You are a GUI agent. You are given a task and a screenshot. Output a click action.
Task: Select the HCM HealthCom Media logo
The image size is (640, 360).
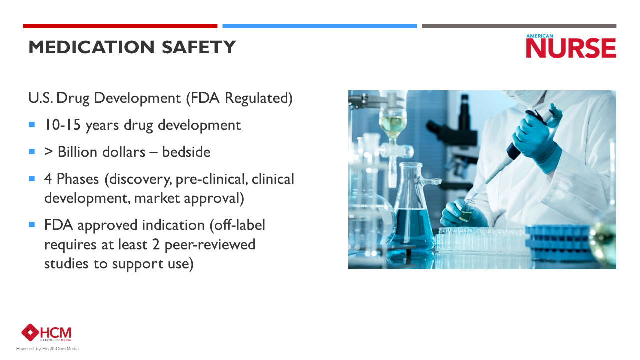pyautogui.click(x=46, y=333)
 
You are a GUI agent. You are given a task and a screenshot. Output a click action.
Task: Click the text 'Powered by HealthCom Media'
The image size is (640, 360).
pyautogui.click(x=47, y=349)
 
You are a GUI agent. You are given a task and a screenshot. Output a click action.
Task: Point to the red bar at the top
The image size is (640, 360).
pyautogui.click(x=120, y=26)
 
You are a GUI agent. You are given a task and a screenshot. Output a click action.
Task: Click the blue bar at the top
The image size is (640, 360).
pyautogui.click(x=319, y=26)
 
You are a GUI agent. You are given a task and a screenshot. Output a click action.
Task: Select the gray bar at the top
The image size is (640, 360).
pyautogui.click(x=519, y=26)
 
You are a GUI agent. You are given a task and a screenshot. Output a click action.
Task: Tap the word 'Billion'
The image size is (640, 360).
pyautogui.click(x=80, y=152)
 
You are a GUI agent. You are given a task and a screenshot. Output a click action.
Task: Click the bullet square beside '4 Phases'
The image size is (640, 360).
pyautogui.click(x=32, y=178)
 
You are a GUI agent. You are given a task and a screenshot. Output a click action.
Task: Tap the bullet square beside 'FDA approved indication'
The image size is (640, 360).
pyautogui.click(x=32, y=225)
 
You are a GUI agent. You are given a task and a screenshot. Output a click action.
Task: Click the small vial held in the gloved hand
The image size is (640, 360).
pyautogui.click(x=467, y=211)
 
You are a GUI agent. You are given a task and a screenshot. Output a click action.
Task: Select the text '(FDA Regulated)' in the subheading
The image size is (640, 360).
pyautogui.click(x=239, y=98)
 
